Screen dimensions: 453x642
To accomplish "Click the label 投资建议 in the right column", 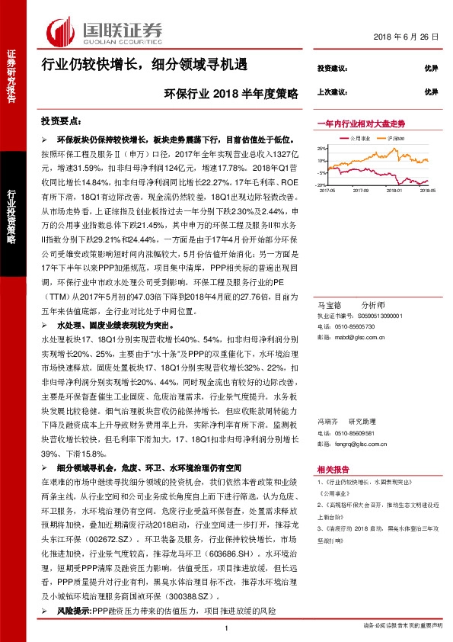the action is point(332,69).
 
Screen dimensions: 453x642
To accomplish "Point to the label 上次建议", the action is point(332,91).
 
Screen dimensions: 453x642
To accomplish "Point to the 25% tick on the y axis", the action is point(322,148).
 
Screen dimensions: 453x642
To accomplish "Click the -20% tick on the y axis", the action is point(321,185).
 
